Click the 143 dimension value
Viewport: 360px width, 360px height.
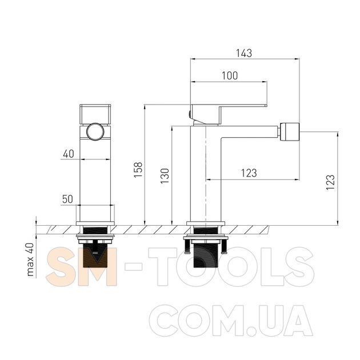point(244,53)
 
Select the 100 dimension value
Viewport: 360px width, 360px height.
point(230,76)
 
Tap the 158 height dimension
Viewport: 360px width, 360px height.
point(138,170)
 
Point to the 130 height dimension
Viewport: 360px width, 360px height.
point(165,176)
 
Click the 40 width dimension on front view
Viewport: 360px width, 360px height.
point(69,154)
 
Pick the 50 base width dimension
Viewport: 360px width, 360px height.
point(68,199)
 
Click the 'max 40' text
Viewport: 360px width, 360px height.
point(30,259)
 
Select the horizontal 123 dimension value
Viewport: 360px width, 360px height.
point(249,173)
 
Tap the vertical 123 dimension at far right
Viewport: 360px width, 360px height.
point(331,182)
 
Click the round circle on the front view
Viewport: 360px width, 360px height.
point(95,131)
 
